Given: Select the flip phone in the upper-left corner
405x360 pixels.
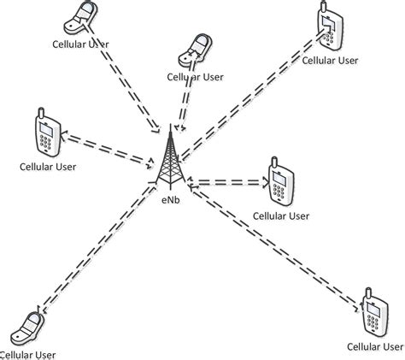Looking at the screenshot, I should coord(83,17).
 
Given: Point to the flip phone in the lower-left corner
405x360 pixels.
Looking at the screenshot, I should coord(29,327).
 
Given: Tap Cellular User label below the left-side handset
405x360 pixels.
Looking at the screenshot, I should coord(49,166).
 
